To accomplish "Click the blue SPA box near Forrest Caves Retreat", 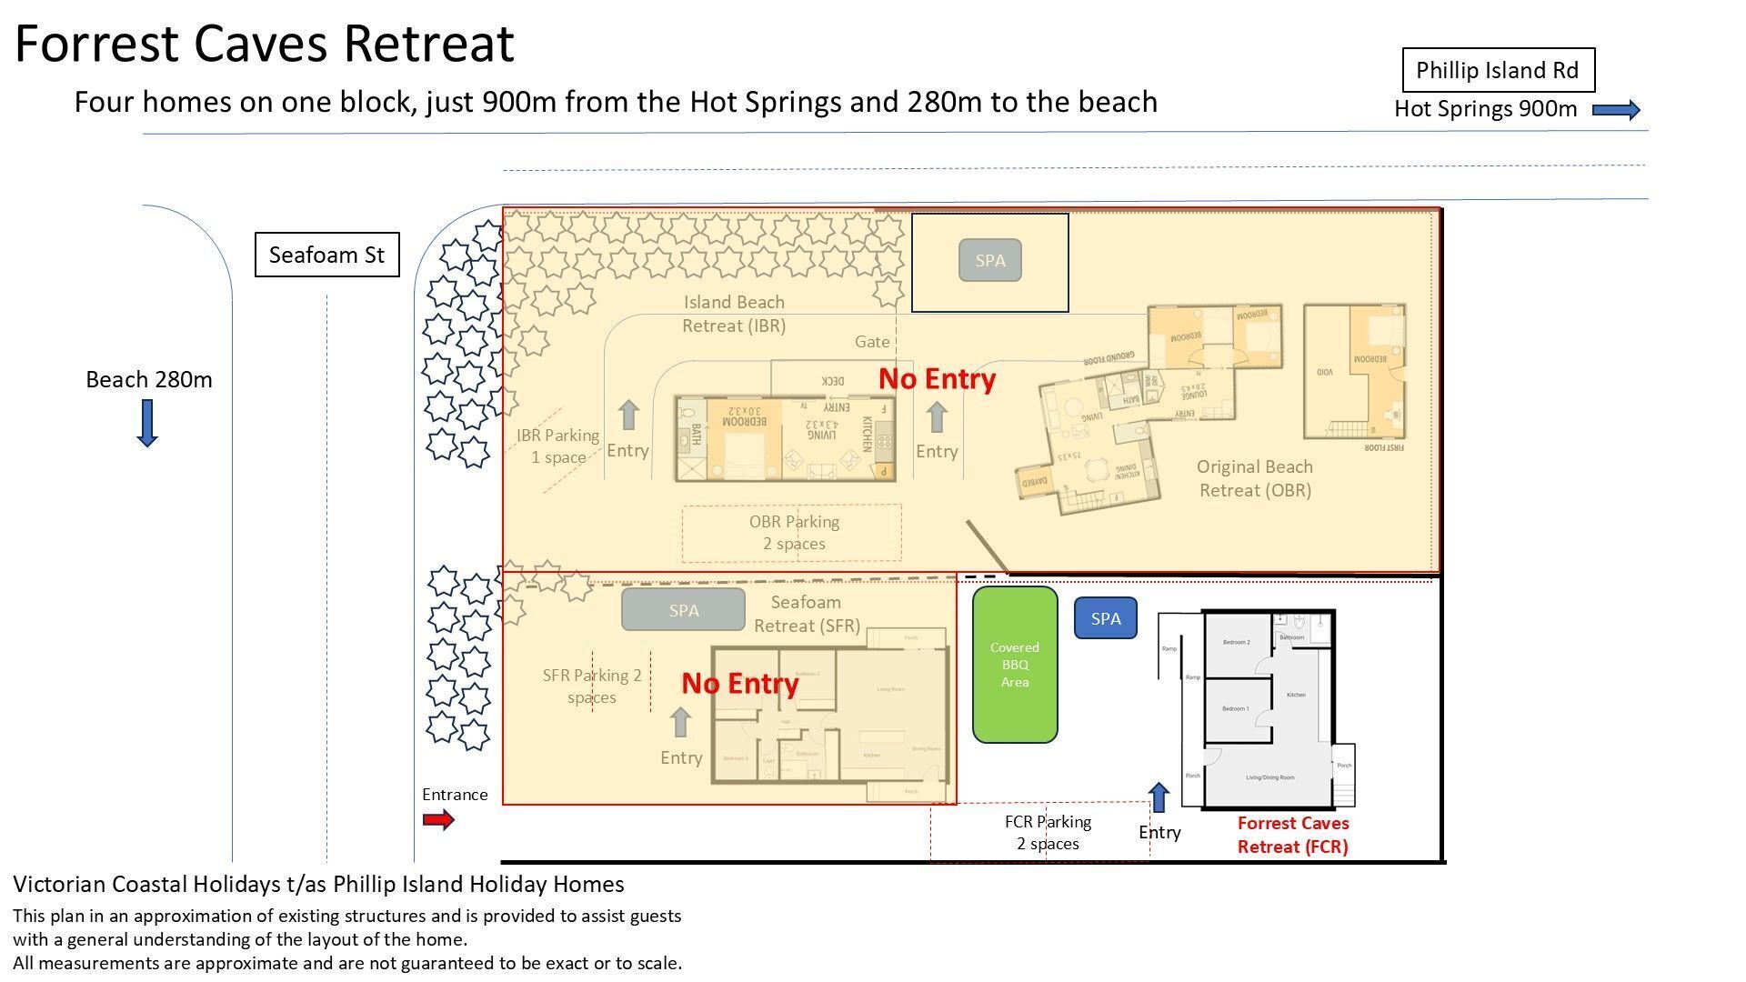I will click(x=1105, y=618).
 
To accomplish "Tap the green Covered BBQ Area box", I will click(x=1015, y=665).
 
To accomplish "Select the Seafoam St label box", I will click(x=326, y=255).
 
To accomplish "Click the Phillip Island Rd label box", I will click(x=1498, y=70).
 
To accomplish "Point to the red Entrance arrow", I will click(x=438, y=820).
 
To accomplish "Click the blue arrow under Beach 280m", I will click(x=147, y=423).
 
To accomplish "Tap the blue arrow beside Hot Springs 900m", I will click(x=1616, y=110).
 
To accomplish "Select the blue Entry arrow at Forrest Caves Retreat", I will click(x=1159, y=797).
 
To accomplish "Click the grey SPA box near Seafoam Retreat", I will click(x=683, y=610).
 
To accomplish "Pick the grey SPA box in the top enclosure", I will click(x=989, y=261).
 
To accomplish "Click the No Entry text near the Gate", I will click(x=937, y=379).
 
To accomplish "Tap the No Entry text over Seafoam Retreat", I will click(x=739, y=683).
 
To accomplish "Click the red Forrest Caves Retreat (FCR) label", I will click(x=1292, y=835).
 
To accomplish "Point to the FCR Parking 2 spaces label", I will click(x=1048, y=832).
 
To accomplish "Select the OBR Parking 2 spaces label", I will click(x=794, y=533).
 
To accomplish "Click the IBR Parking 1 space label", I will click(x=557, y=446).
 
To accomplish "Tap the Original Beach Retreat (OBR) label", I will click(x=1254, y=478).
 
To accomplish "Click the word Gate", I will click(x=871, y=342).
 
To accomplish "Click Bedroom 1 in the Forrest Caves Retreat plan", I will click(x=1235, y=708).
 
